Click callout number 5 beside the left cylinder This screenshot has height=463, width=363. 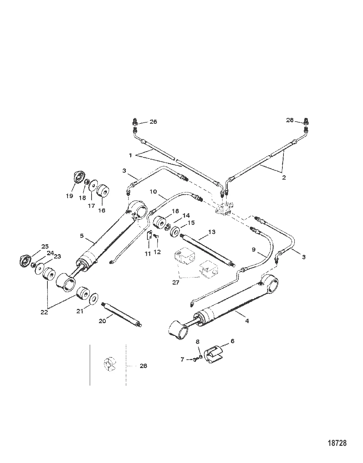82,236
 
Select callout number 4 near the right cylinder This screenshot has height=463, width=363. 247,321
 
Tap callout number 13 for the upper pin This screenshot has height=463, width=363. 212,232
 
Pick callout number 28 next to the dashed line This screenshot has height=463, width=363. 143,366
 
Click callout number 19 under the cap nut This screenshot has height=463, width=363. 70,196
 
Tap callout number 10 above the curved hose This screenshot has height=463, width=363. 153,191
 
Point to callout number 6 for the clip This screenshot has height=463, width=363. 232,341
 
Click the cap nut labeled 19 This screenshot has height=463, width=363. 78,177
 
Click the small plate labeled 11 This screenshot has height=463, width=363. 149,237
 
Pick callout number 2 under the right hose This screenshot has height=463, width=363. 284,178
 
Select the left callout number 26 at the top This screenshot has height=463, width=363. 153,122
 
